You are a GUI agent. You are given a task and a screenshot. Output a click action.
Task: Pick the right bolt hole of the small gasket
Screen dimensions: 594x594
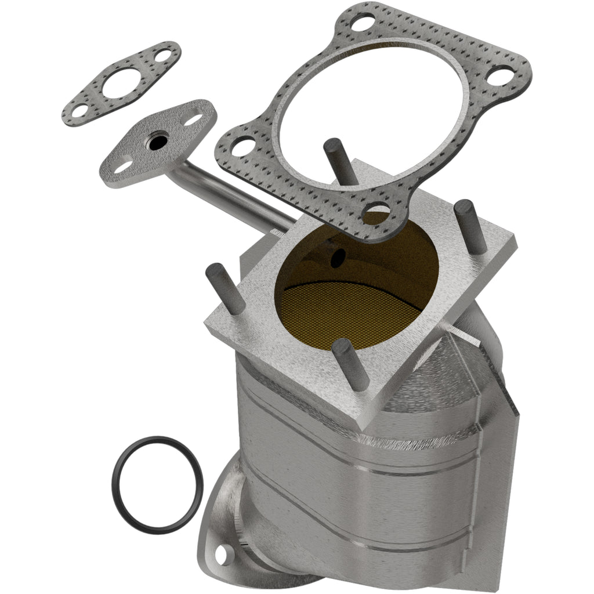(164, 56)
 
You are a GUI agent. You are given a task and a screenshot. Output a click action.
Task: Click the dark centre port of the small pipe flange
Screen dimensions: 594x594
(155, 142)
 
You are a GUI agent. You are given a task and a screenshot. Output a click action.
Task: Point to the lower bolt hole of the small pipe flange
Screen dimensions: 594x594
(122, 167)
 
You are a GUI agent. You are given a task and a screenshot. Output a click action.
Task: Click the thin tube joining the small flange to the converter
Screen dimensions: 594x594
(232, 197)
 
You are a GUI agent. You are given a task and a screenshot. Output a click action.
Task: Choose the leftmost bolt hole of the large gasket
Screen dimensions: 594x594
(242, 146)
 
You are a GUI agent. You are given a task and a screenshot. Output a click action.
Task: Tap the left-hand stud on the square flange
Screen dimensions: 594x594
(223, 288)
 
